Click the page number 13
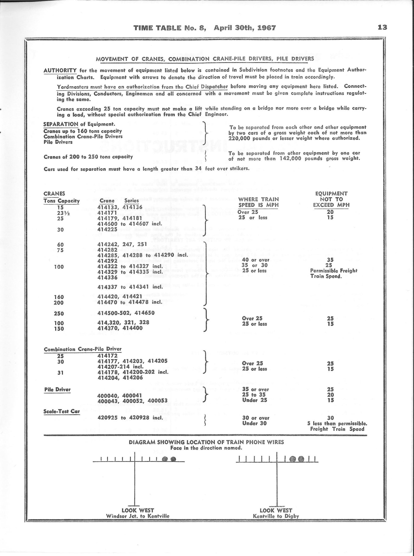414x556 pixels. (382, 27)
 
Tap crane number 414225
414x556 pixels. (107, 229)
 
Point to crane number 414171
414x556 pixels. (107, 212)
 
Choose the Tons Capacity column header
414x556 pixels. (61, 201)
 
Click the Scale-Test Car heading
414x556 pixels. (62, 411)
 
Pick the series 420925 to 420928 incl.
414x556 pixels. (130, 418)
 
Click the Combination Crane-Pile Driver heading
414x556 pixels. (83, 349)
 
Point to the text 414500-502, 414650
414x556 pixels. (126, 313)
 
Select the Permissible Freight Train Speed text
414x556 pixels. (334, 273)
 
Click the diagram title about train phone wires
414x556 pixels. (206, 442)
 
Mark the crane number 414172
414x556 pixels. (107, 356)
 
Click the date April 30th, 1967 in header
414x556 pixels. (245, 28)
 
